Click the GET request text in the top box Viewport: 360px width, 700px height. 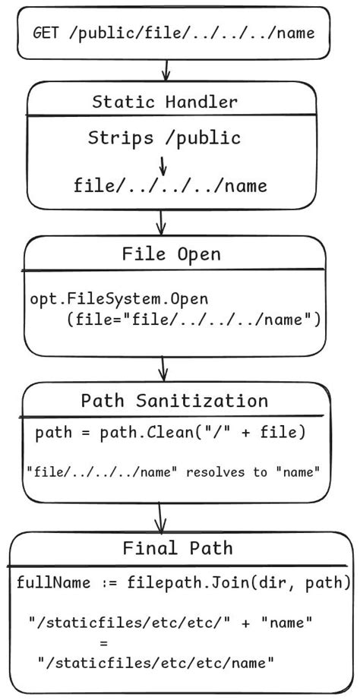[173, 33]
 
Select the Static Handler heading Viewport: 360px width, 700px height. [165, 102]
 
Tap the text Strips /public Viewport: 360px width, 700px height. [164, 137]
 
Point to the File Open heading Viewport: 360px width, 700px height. [172, 254]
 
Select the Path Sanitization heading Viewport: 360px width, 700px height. [174, 400]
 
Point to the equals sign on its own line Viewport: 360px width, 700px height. [156, 642]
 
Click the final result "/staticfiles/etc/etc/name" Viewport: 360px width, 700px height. [156, 663]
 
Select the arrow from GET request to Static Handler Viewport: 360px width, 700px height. [164, 70]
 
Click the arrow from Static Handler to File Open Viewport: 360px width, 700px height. [160, 222]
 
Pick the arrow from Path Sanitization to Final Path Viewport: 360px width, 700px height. [160, 519]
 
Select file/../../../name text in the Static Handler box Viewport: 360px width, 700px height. [170, 186]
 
